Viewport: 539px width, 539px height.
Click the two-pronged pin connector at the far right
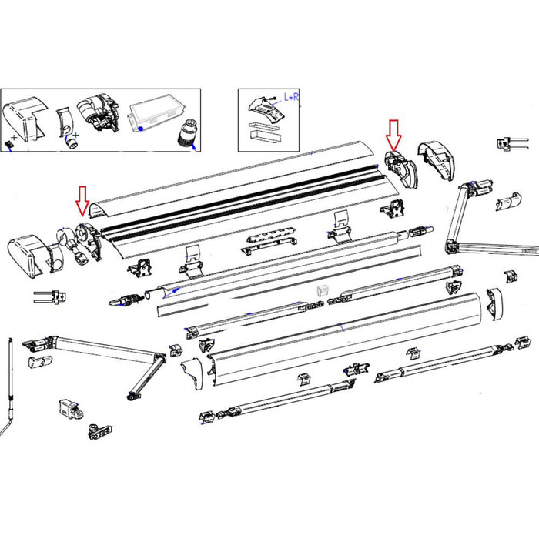(511, 143)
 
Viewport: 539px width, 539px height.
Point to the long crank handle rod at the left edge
(11, 377)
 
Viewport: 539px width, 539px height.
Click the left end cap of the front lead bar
(192, 373)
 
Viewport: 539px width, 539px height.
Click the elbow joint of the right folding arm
(453, 246)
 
